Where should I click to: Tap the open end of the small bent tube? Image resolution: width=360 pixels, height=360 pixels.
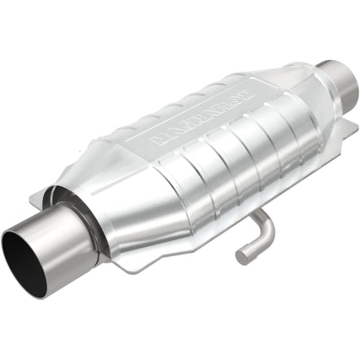244,255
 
